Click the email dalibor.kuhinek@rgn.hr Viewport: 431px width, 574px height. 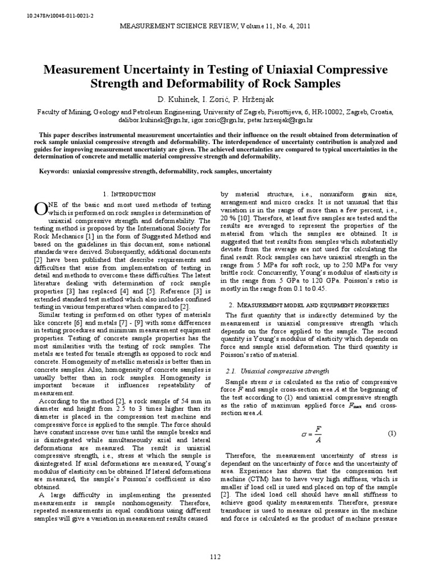point(159,120)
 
